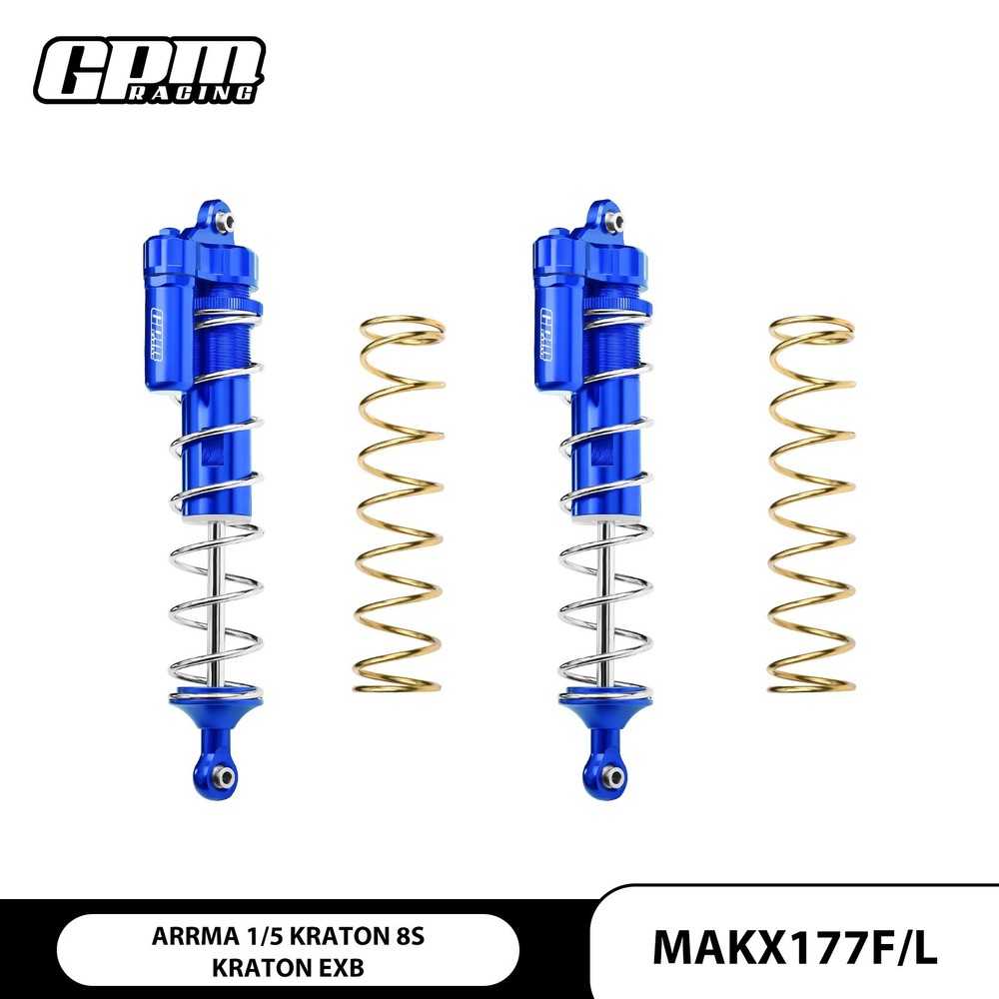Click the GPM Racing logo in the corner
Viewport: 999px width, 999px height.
pyautogui.click(x=150, y=69)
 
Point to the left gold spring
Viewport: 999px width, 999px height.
pyautogui.click(x=401, y=504)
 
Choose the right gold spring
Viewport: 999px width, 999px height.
pyautogui.click(x=812, y=504)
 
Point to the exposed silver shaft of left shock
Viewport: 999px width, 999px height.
pyautogui.click(x=215, y=599)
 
